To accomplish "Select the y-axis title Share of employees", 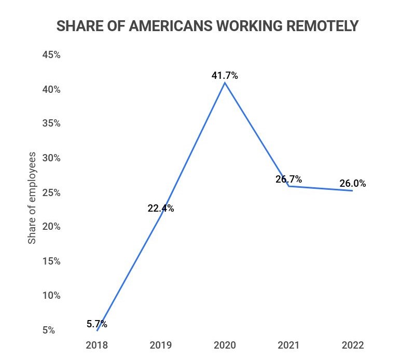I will tap(32, 198).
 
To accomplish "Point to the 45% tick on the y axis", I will tap(51, 55).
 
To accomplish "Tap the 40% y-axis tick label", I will tap(51, 89).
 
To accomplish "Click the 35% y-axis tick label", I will tap(51, 123).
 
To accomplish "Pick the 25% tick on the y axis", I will tap(51, 192).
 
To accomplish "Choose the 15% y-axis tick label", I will tap(51, 261).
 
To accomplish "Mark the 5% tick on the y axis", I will tap(49, 330).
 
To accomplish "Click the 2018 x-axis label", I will tap(97, 345).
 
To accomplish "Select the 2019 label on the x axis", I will tap(161, 345).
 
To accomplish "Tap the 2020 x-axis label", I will tap(225, 345).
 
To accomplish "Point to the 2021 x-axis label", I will tap(289, 345).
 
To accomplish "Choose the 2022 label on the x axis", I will tap(353, 345).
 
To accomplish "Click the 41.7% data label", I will tap(225, 76).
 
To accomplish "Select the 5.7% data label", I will tap(97, 324).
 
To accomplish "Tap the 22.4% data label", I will tap(161, 209).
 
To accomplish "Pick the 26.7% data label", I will tap(289, 179).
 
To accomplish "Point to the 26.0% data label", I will tap(353, 183).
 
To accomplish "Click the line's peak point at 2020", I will tap(225, 83).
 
